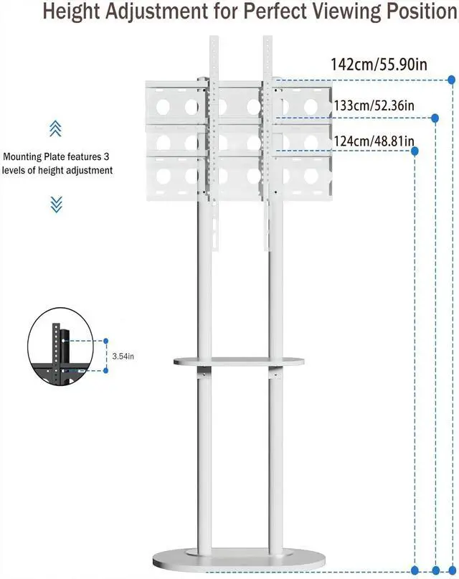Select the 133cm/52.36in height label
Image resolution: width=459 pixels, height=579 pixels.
(374, 105)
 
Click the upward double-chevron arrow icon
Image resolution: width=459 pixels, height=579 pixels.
(56, 128)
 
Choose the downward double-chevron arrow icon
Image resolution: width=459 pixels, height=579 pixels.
(56, 204)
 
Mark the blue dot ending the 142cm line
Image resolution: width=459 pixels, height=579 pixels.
(451, 79)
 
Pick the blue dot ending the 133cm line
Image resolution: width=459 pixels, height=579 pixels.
(435, 117)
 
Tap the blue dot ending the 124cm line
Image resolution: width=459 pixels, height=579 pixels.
(417, 151)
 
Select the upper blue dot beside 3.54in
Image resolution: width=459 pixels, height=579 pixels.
(106, 342)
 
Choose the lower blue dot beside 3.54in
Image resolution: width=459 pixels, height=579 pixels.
(106, 370)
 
